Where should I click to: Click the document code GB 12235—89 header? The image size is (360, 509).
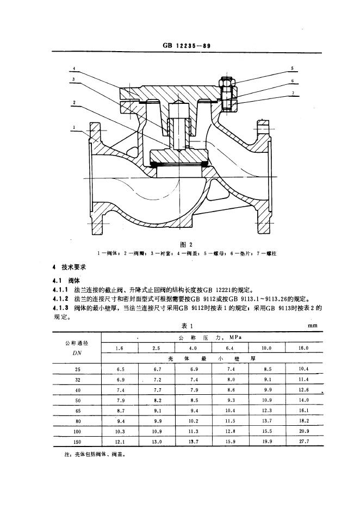(187, 46)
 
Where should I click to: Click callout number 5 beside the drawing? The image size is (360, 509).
(292, 69)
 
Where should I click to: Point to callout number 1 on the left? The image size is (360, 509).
(74, 128)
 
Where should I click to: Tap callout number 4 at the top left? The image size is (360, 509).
(74, 69)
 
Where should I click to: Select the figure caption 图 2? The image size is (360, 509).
(187, 244)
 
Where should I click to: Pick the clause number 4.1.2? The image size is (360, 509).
(61, 299)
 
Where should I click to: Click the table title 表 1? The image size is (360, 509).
(187, 326)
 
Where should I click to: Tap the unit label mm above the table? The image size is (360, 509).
(313, 325)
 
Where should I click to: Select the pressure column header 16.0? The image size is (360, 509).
(303, 348)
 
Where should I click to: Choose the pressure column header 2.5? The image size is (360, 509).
(156, 349)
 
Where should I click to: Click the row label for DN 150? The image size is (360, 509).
(78, 442)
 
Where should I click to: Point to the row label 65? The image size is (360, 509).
(78, 411)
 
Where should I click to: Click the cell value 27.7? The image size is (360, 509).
(304, 442)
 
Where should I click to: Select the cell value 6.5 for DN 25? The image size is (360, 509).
(120, 369)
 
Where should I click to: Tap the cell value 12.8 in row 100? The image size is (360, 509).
(230, 431)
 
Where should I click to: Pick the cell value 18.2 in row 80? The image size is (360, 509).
(304, 421)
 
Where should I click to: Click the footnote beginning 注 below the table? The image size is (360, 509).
(95, 455)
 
